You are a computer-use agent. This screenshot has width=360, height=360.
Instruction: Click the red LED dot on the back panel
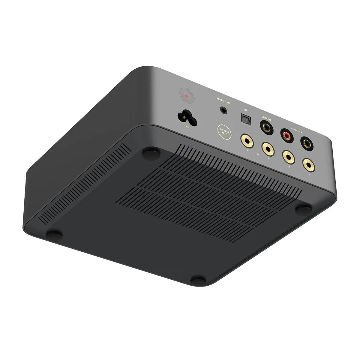(x=187, y=96)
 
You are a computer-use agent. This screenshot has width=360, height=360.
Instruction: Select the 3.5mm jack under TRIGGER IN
(x=223, y=110)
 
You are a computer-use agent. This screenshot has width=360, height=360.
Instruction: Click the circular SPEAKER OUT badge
(x=224, y=132)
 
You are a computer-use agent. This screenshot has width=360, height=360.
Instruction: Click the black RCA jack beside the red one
(x=307, y=144)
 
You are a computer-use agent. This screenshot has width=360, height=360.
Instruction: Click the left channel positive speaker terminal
(x=288, y=156)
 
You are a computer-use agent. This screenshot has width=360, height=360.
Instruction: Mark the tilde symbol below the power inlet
(x=188, y=127)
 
